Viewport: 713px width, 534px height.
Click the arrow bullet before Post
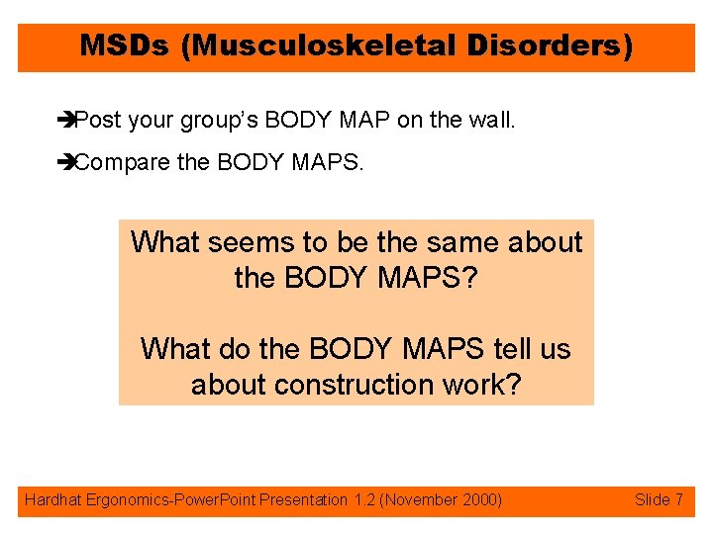click(x=67, y=122)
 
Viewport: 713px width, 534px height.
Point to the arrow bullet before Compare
click(x=67, y=162)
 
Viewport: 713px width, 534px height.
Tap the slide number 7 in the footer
click(x=678, y=500)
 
